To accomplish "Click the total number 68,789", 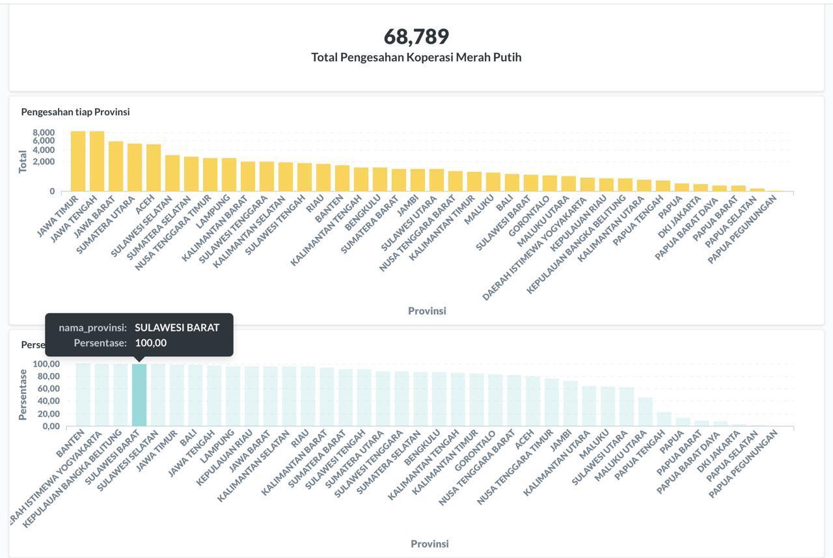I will tap(416, 36).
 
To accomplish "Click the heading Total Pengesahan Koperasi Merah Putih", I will tap(416, 57).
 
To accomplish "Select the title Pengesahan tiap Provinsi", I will tap(75, 112).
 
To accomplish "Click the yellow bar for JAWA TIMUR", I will tap(78, 161).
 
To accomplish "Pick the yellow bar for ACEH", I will tap(154, 168).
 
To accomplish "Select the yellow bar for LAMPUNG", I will tap(229, 174).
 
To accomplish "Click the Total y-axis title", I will tap(23, 161).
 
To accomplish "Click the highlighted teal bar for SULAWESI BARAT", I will tap(139, 395).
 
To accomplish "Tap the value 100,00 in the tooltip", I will tap(151, 343).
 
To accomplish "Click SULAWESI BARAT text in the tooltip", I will tap(177, 328).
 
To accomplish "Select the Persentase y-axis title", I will tap(23, 395).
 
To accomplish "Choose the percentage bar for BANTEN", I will tap(83, 395).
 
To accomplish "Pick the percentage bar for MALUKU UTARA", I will tap(646, 412).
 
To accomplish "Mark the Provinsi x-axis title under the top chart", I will tap(427, 311).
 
